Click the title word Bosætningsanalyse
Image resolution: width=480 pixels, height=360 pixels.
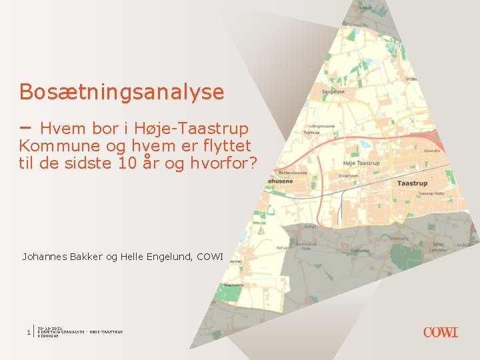click(121, 92)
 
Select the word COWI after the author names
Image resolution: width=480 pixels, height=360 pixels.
click(210, 256)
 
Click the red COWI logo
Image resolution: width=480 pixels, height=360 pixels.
click(440, 332)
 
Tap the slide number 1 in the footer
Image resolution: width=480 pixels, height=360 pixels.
click(27, 332)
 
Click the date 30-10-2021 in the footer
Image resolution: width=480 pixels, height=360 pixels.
click(51, 328)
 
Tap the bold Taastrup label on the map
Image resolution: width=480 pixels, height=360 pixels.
click(412, 183)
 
